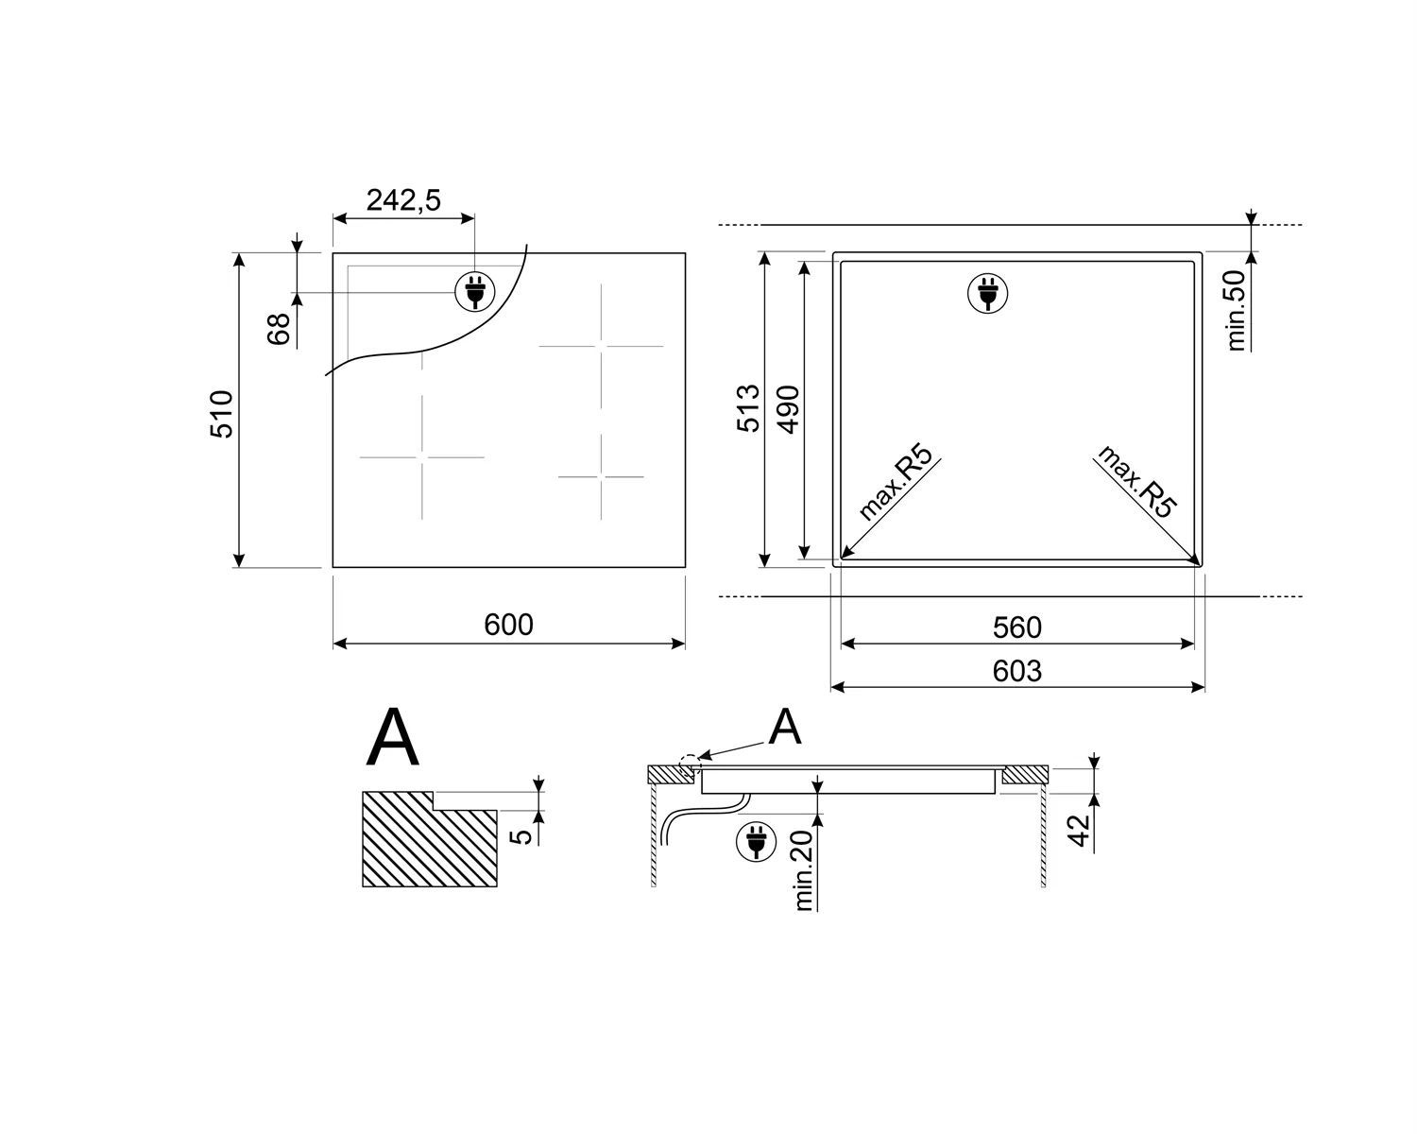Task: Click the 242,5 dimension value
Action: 403,199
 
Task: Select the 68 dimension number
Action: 279,329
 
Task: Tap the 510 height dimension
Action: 221,414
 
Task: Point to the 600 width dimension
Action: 508,625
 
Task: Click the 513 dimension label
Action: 748,408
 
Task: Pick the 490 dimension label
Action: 788,410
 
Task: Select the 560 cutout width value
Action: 1017,627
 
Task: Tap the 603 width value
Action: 1017,671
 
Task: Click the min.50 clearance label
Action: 1237,310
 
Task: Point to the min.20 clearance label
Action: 803,871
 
